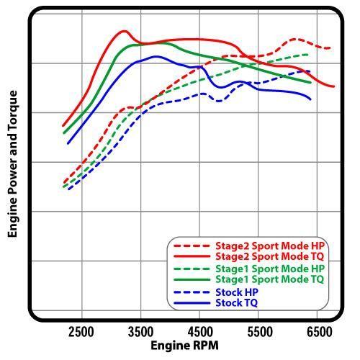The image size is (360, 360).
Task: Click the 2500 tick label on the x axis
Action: (x=81, y=332)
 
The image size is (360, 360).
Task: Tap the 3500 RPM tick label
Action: (x=140, y=332)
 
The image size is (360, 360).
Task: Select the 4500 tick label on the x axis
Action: (x=200, y=332)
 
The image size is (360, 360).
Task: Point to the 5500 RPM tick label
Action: (x=260, y=332)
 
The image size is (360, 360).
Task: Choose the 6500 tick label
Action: (x=319, y=332)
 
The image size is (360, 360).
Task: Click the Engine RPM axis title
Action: (x=184, y=346)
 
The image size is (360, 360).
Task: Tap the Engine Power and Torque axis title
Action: (x=12, y=164)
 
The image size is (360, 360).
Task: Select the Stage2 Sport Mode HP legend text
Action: (x=270, y=246)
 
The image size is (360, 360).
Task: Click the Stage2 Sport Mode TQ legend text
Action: (x=270, y=256)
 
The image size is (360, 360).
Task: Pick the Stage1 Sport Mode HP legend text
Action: (x=270, y=269)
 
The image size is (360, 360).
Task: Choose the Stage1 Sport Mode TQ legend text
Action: (x=270, y=279)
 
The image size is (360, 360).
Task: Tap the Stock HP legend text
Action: (x=237, y=292)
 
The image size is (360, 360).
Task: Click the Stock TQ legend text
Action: (x=237, y=302)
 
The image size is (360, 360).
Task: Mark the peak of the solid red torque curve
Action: (x=124, y=31)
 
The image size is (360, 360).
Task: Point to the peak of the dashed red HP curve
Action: (x=294, y=39)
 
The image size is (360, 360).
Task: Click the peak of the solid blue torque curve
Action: (x=156, y=57)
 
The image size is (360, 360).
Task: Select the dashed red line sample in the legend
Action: (x=192, y=246)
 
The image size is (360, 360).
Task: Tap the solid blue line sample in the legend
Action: (x=192, y=303)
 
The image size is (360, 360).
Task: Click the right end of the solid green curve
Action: (x=310, y=83)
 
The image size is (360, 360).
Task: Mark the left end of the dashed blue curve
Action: (x=69, y=189)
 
